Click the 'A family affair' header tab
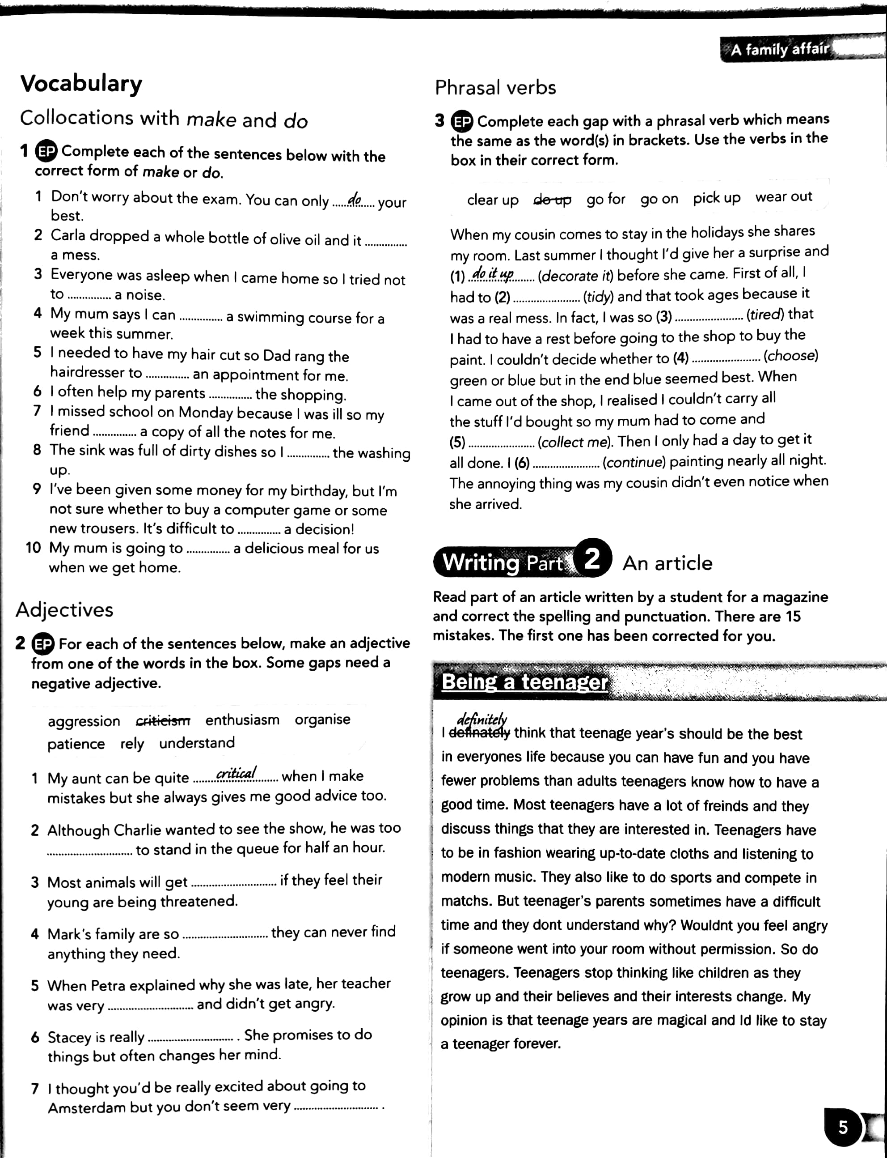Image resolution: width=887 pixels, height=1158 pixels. coord(779,49)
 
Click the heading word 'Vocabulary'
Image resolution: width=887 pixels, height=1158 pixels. coord(81,84)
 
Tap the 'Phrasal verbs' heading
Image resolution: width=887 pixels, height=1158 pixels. coord(495,88)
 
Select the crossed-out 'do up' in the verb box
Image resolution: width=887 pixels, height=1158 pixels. coord(552,200)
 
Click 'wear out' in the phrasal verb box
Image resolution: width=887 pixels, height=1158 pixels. coord(784,197)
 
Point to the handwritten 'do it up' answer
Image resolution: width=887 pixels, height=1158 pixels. coord(492,274)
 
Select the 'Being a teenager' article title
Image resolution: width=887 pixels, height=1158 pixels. coord(525,681)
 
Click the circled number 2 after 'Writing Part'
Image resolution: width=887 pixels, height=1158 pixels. coord(592,558)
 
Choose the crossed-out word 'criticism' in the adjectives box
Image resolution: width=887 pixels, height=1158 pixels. coord(163,720)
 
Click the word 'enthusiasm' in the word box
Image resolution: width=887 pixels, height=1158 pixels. coord(242,719)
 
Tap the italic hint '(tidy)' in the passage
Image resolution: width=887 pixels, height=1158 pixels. coord(598,296)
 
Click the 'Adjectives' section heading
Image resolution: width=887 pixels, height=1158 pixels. coord(64,609)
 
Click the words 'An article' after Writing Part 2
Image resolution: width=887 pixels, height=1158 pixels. coord(667,563)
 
